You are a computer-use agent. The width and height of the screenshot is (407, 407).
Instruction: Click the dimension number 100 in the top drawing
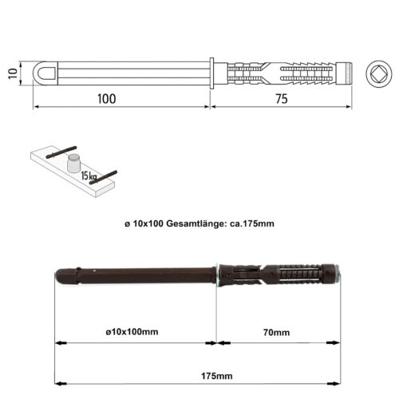point(107,99)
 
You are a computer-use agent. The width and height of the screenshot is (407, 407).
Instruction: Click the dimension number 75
point(282,99)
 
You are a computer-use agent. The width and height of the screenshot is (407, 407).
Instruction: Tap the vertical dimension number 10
point(13,73)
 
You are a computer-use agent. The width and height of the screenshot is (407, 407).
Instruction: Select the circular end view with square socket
point(379,73)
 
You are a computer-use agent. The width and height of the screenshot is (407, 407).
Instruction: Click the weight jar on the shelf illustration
point(73,163)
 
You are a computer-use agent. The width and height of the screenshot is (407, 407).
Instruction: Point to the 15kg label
point(89,176)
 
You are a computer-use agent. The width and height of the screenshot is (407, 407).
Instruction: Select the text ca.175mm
point(251,223)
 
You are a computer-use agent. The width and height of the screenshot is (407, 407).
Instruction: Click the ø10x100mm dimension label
point(132,332)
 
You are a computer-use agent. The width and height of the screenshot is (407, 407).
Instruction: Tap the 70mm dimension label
point(276,332)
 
